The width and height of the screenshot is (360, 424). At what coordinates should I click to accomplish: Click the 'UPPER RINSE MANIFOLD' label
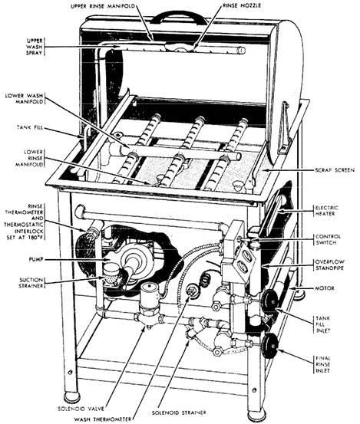(103, 5)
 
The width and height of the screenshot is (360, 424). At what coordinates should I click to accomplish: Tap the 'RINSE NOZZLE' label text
(242, 5)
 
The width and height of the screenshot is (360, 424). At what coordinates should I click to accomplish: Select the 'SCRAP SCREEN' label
(335, 170)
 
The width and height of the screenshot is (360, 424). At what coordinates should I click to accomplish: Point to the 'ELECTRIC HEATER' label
(326, 211)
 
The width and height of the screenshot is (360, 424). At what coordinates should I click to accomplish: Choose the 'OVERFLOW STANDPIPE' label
(329, 265)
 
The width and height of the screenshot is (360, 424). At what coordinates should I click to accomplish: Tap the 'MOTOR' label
(325, 288)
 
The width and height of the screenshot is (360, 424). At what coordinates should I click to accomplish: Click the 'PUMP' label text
(36, 259)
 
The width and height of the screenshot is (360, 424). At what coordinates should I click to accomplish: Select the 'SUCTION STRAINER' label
(31, 283)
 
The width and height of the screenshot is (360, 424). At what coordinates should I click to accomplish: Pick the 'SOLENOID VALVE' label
(81, 409)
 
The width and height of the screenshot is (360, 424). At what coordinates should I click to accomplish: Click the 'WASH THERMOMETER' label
(104, 419)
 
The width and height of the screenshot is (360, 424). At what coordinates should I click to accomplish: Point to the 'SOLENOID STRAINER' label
(179, 413)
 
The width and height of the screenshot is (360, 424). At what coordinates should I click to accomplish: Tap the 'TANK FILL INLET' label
(323, 324)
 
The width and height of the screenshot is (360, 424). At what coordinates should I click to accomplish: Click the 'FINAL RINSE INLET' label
(323, 364)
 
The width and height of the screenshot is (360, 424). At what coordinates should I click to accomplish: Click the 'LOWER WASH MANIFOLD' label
(24, 99)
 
